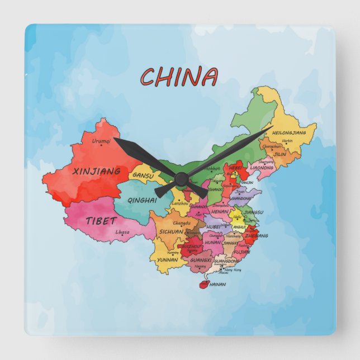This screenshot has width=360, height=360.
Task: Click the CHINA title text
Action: pyautogui.click(x=179, y=77)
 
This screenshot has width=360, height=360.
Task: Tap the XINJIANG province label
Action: pyautogui.click(x=97, y=171)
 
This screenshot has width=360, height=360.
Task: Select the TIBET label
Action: pyautogui.click(x=101, y=220)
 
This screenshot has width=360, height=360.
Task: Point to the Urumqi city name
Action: pyautogui.click(x=101, y=141)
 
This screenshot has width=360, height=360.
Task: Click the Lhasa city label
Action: pyautogui.click(x=122, y=232)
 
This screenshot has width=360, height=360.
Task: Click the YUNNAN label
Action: pyautogui.click(x=167, y=260)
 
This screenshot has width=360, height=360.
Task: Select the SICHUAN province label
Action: pyautogui.click(x=171, y=231)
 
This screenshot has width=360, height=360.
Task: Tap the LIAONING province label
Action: pyautogui.click(x=262, y=167)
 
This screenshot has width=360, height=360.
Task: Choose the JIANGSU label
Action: pyautogui.click(x=253, y=212)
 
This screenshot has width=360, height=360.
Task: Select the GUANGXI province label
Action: pyautogui.click(x=201, y=260)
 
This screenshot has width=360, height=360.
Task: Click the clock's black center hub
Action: pyautogui.click(x=181, y=178)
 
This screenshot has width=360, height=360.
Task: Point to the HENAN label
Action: pyautogui.click(x=220, y=212)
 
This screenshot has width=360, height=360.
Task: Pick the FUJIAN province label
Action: pyautogui.click(x=241, y=252)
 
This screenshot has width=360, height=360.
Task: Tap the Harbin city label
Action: pyautogui.click(x=287, y=141)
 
